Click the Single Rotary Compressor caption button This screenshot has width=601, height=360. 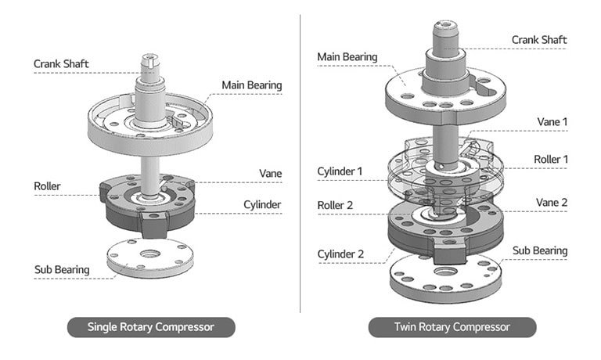pos(151,327)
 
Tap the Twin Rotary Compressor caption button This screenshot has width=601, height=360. pos(452,327)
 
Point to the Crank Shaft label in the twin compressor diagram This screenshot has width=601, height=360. pos(539,40)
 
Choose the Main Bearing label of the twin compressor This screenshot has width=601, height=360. pos(347,57)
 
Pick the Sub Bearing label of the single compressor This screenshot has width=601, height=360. pos(62,270)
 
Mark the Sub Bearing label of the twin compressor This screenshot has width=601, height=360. pos(539,250)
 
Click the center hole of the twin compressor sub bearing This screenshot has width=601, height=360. pos(446,271)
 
